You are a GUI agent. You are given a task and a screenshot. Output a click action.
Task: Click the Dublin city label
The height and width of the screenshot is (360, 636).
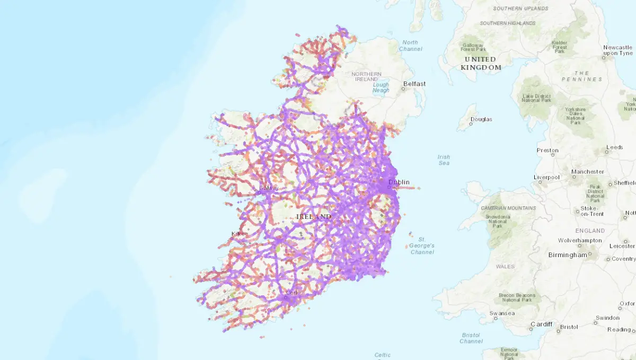point(399,182)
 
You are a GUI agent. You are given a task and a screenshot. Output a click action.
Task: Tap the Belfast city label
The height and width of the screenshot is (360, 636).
point(414,84)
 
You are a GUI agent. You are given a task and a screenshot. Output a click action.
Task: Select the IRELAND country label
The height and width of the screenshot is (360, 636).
point(314,217)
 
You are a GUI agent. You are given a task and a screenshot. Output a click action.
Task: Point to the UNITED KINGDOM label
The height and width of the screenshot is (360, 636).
point(481,63)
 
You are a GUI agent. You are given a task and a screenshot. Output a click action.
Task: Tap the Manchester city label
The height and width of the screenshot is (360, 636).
point(587,172)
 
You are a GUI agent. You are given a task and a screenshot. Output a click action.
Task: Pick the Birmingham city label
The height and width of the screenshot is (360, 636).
point(568,254)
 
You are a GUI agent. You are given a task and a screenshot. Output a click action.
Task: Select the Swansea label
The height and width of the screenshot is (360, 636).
point(501,313)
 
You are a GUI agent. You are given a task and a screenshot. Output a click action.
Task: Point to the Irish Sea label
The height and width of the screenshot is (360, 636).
point(444,160)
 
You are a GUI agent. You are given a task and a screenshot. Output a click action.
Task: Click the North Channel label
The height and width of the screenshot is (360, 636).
point(411,46)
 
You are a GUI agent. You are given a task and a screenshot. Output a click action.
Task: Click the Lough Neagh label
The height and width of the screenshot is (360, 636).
point(381,87)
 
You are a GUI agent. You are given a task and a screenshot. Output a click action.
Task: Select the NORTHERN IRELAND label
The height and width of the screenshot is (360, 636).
point(366,77)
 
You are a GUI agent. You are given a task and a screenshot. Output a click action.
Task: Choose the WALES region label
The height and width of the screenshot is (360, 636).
point(505,266)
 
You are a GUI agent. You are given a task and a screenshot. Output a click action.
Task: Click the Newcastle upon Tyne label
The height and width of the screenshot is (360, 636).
point(617,50)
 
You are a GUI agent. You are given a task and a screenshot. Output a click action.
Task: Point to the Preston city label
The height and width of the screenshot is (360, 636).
point(547,151)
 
